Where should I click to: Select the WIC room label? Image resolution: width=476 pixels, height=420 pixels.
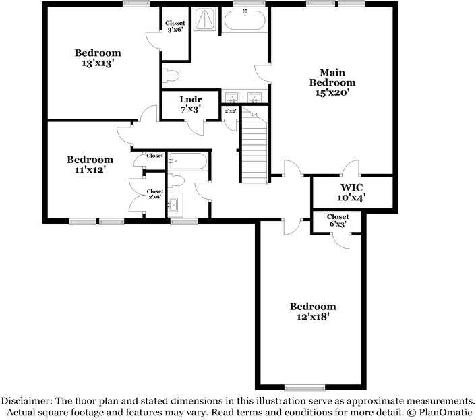point(351,187)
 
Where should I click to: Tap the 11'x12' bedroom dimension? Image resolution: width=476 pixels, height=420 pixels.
point(90,170)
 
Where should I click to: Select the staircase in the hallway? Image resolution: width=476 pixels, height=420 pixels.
point(254,150)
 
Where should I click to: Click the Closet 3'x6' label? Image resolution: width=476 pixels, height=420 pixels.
point(175,26)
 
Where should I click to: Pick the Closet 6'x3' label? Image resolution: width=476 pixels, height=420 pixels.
point(338,220)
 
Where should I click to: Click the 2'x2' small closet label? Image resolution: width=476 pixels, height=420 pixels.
point(230,111)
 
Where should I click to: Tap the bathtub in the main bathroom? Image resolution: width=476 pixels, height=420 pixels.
point(245,20)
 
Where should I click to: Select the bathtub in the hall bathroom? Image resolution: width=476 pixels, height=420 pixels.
point(189,162)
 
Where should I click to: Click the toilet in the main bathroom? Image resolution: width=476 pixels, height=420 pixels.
point(169,75)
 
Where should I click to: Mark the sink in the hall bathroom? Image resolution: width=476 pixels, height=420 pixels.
point(175,204)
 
